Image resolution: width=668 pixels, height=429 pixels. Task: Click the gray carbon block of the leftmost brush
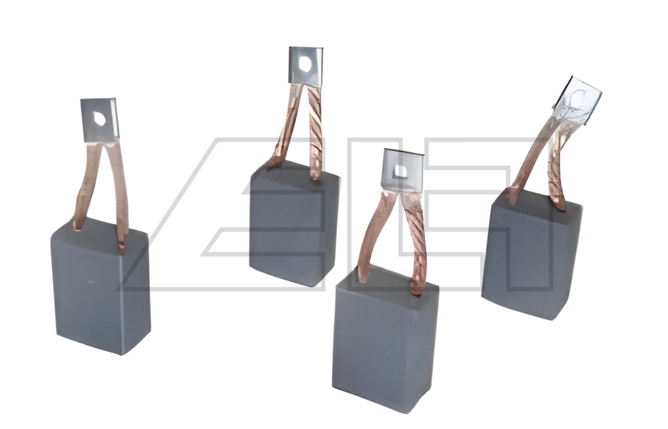pos(101,287)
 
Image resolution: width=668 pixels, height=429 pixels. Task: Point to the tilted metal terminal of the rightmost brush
pos(577,101)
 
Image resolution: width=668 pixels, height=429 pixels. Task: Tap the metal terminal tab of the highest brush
pos(305,65)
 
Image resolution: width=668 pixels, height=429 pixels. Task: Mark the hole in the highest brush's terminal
pos(305,64)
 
